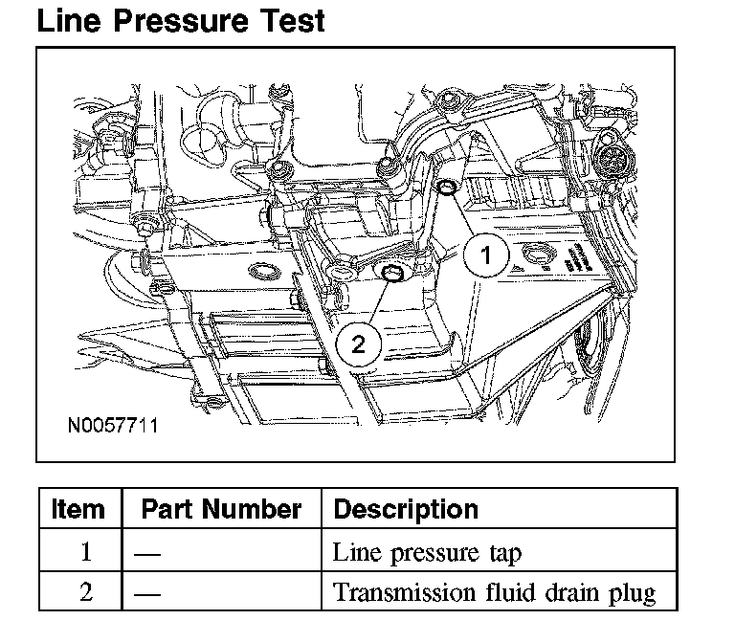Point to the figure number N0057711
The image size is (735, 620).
112,423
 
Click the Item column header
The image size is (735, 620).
78,508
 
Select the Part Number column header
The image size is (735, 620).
221,508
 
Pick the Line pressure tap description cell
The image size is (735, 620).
427,552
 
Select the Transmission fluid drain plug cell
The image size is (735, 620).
494,592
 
